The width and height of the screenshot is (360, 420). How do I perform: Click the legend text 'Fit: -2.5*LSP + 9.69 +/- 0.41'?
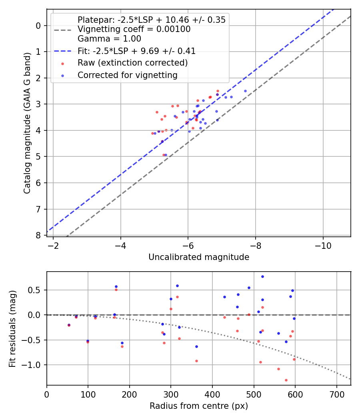[x=136, y=51]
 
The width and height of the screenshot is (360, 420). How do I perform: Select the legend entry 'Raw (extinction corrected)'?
[x=132, y=63]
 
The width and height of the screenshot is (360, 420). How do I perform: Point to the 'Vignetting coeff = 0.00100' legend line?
[x=134, y=29]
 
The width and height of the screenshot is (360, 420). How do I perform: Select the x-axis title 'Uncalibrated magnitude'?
[x=199, y=257]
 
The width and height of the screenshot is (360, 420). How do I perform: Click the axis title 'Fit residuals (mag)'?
[x=12, y=328]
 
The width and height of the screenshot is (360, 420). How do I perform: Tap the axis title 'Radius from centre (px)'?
[x=199, y=406]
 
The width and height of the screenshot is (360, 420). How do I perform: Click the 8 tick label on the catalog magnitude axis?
[x=38, y=235]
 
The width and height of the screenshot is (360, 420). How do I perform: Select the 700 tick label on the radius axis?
[x=337, y=394]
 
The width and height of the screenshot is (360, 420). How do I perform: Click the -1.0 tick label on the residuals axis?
[x=34, y=365]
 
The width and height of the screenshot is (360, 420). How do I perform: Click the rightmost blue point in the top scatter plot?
[x=245, y=91]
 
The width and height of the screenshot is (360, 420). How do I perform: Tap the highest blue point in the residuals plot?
[x=262, y=276]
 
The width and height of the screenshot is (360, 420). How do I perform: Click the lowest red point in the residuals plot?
[x=286, y=380]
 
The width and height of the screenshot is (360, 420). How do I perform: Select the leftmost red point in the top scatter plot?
[x=152, y=133]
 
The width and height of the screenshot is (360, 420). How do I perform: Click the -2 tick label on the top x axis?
[x=53, y=246]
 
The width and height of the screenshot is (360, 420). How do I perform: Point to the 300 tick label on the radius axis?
[x=171, y=394]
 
